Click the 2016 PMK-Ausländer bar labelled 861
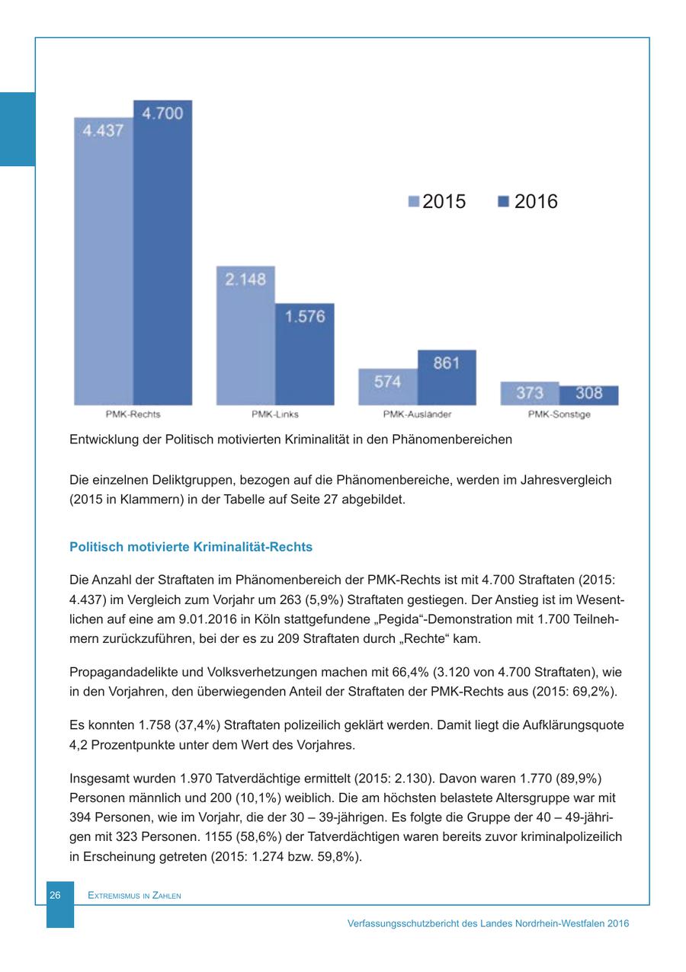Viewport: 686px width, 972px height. pos(447,378)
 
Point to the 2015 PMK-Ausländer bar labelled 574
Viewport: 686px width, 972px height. pos(388,386)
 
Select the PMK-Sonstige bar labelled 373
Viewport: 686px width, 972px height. pos(530,393)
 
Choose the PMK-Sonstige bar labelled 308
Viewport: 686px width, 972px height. pos(588,395)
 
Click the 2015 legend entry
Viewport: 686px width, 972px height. pos(438,202)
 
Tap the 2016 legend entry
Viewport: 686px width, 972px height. pos(528,202)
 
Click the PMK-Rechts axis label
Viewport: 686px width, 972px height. pos(133,415)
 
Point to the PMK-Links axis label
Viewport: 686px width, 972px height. pos(275,415)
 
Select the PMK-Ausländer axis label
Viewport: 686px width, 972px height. pos(418,415)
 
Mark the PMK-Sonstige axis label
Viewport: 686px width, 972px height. pos(559,415)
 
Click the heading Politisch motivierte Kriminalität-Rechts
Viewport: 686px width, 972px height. pos(191,547)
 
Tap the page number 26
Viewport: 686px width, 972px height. pos(55,896)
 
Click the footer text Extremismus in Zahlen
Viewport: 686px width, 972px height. pos(134,896)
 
